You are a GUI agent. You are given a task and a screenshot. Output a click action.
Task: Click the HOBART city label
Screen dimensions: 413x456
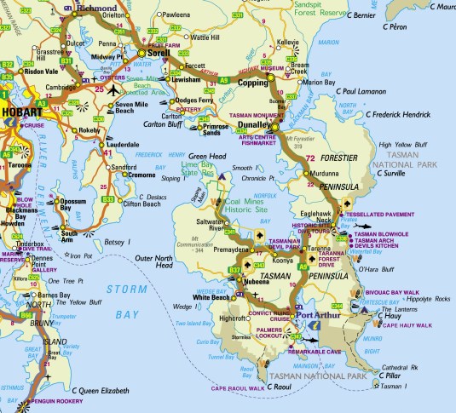point(19,112)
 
